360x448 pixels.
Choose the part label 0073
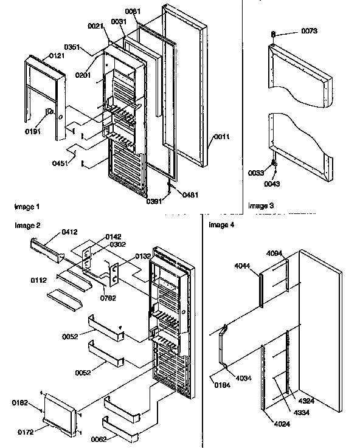[x=292, y=30]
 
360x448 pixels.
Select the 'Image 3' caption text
[x=261, y=206]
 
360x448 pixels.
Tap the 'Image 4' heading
[x=221, y=225]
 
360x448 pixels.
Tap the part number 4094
[x=275, y=253]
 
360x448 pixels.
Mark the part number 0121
[x=57, y=54]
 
